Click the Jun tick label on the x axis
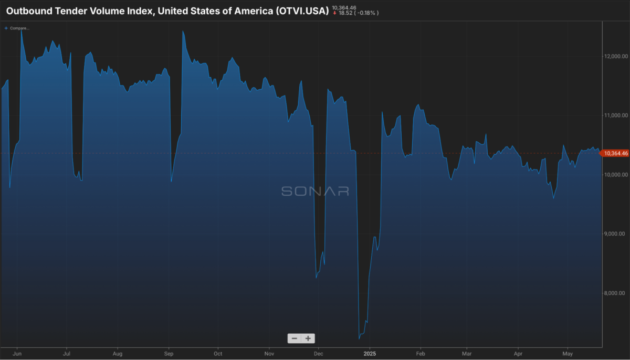tap(17, 354)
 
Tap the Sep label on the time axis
tap(169, 354)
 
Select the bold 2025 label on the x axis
tap(370, 354)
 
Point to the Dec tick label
tap(318, 354)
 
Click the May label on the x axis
tap(568, 354)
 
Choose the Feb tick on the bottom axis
tap(421, 354)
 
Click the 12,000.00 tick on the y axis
tap(616, 56)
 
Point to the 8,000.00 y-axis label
tap(616, 293)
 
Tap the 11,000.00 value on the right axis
tap(616, 115)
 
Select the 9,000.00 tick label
tap(616, 234)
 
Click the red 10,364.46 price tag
tap(615, 153)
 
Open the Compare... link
tap(17, 28)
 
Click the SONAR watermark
tap(316, 191)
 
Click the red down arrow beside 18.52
tap(335, 13)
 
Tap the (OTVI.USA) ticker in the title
tap(302, 11)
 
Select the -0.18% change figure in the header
tap(366, 13)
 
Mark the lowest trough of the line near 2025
tap(359, 338)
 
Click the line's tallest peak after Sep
tap(183, 31)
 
